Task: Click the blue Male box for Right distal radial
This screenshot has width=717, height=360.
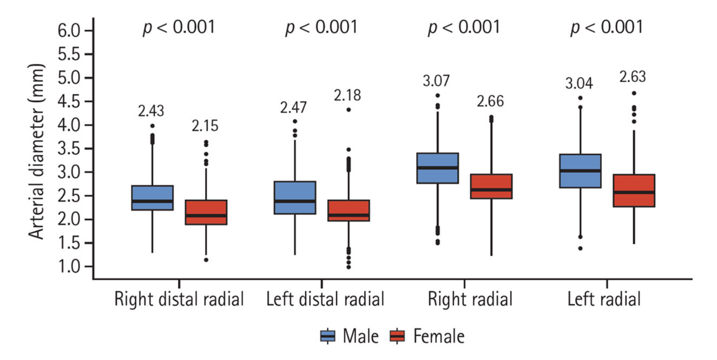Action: [152, 198]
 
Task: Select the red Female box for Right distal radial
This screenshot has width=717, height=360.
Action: [206, 212]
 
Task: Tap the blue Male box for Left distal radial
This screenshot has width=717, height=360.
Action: [295, 198]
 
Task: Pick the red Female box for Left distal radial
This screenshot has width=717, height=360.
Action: [348, 211]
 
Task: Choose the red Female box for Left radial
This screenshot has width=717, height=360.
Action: [634, 190]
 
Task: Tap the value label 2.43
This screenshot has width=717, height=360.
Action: [152, 111]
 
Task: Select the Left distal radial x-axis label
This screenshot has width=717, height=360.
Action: [326, 299]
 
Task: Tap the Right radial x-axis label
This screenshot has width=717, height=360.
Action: [469, 299]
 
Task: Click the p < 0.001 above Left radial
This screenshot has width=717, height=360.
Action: [607, 27]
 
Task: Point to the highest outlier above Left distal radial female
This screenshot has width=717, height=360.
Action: [348, 109]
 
